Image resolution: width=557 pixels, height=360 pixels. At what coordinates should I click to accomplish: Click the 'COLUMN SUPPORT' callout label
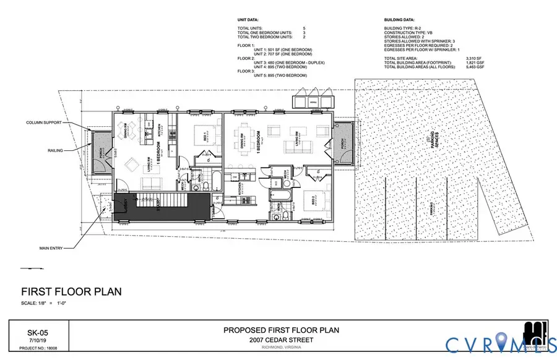tap(43, 122)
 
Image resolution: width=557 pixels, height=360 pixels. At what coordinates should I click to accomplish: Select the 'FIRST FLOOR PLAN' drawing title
tap(71, 292)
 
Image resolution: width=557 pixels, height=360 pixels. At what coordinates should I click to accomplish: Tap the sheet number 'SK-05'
tap(39, 332)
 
